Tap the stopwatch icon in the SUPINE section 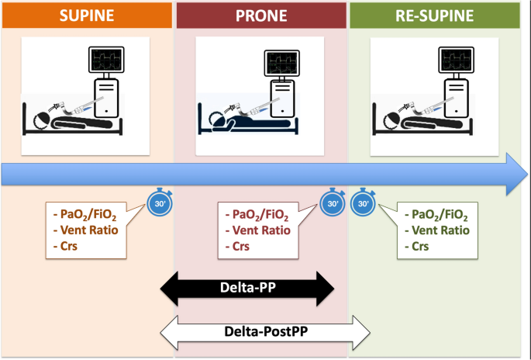(160, 204)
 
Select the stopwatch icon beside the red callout (332, 204)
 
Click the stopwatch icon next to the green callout (364, 204)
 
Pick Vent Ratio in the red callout (258, 230)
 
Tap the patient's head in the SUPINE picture (39, 119)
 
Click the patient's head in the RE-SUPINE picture (388, 119)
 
